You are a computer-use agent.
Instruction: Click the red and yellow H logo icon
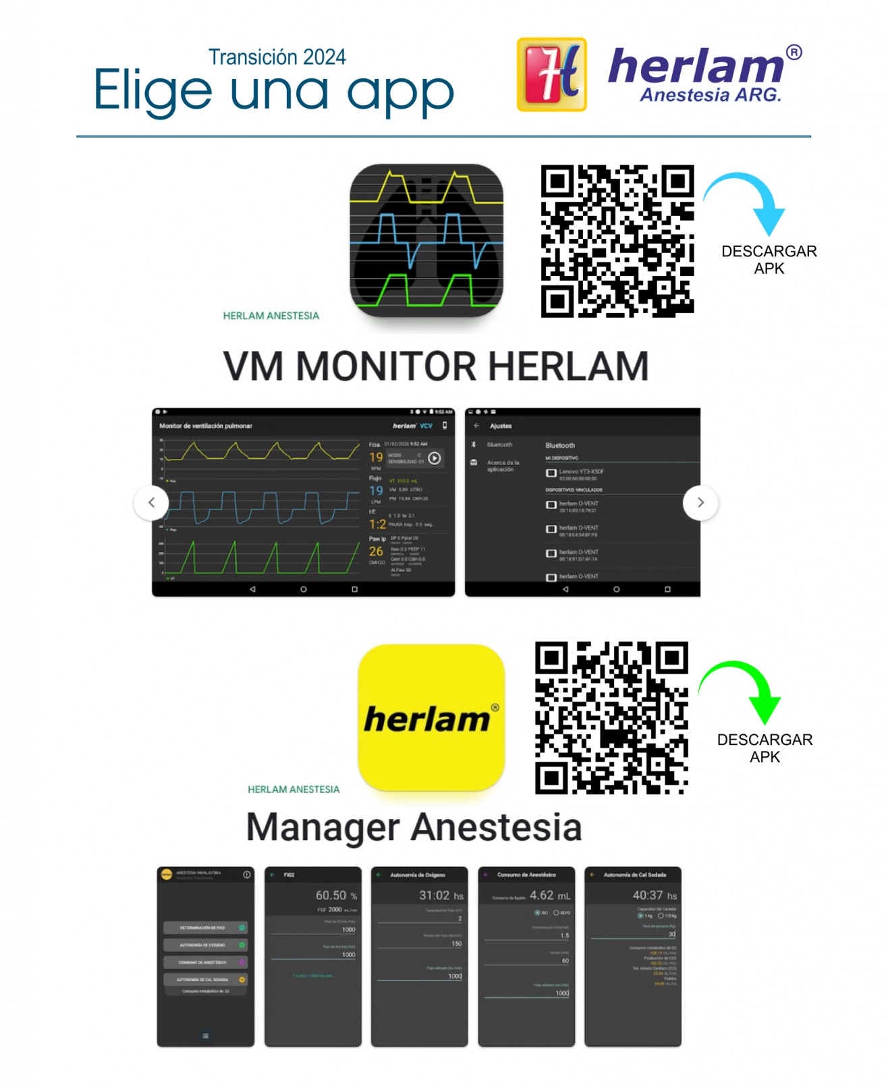(x=551, y=74)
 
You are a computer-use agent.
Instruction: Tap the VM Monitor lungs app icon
(x=426, y=241)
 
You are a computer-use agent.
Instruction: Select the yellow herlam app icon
(x=431, y=717)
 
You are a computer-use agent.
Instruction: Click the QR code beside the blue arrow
(x=617, y=241)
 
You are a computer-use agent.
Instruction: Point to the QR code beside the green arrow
(x=611, y=717)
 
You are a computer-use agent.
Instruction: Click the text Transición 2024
(x=277, y=57)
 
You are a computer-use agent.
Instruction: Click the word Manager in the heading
(x=323, y=827)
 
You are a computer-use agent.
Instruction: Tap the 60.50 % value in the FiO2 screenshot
(x=336, y=895)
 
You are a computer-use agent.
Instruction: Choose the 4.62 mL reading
(x=550, y=895)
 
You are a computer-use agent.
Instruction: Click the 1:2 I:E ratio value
(x=377, y=524)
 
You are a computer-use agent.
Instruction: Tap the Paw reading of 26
(x=376, y=551)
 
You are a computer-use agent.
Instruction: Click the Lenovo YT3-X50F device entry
(x=581, y=472)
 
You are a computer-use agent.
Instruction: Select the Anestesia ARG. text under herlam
(x=711, y=95)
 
